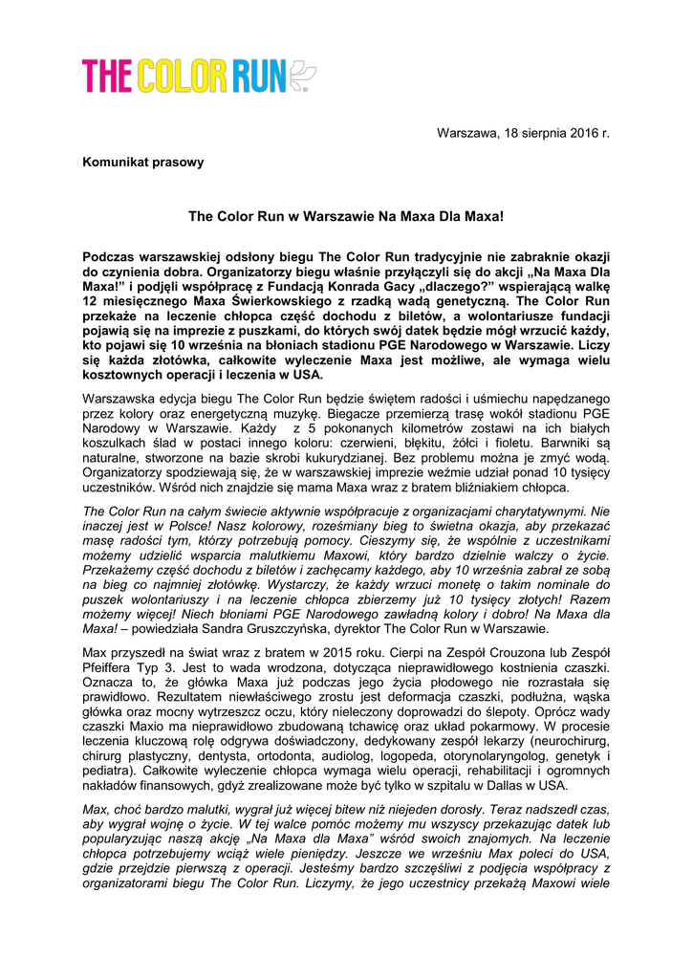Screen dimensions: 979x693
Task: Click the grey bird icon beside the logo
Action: pyautogui.click(x=301, y=76)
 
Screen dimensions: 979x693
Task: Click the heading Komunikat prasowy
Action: pyautogui.click(x=143, y=163)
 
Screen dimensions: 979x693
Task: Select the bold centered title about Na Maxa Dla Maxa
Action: pyautogui.click(x=345, y=217)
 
